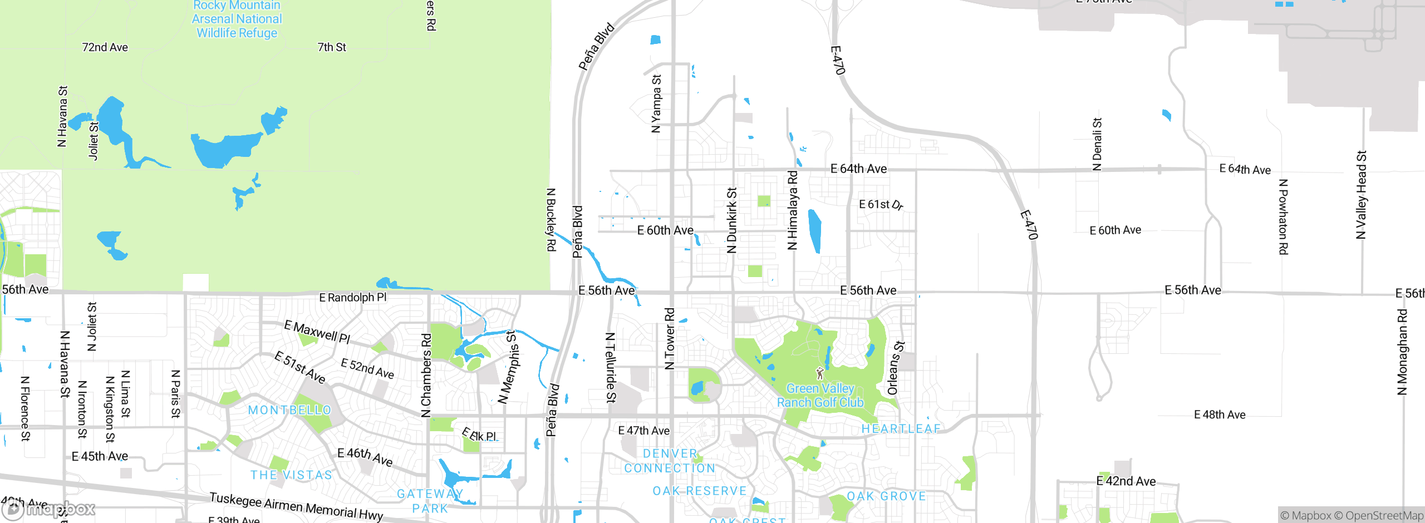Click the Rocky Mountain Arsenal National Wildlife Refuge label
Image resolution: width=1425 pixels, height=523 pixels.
(237, 19)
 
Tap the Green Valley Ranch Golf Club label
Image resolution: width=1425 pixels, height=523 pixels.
(820, 396)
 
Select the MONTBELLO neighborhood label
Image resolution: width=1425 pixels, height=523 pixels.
(289, 410)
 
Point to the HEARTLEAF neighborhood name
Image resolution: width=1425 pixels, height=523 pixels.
(901, 428)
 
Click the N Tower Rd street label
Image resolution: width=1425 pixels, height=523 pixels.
(670, 338)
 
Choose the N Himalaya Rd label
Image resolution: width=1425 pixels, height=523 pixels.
(792, 210)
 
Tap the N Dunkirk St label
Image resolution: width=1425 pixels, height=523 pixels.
(731, 220)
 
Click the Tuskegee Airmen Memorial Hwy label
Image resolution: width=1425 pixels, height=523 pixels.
(296, 506)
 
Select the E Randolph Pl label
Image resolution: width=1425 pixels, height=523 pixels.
(352, 298)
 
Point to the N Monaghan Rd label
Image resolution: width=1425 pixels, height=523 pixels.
(1402, 352)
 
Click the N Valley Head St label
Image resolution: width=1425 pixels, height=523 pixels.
(1361, 195)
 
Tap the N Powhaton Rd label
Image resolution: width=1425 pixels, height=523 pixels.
(1283, 217)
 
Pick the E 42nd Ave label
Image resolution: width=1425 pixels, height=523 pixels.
(1126, 481)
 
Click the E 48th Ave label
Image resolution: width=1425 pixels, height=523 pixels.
(1220, 415)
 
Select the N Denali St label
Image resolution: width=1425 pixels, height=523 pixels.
(1097, 144)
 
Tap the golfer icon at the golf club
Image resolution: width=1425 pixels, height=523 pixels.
(819, 373)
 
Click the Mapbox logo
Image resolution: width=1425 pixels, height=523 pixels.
(49, 509)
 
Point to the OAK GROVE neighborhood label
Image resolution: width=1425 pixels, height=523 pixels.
(886, 496)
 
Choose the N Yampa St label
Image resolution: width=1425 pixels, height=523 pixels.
(656, 103)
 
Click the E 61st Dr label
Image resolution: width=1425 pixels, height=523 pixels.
(881, 205)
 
